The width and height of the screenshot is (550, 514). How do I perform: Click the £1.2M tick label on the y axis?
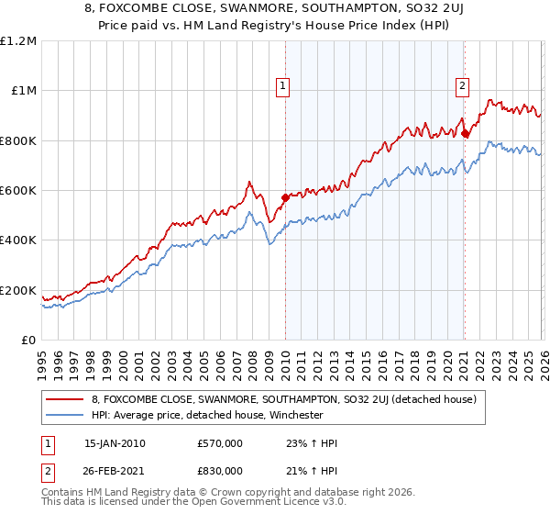(x=18, y=41)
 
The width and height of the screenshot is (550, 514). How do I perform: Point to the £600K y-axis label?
(x=18, y=191)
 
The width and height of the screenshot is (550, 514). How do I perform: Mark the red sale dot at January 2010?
(x=285, y=197)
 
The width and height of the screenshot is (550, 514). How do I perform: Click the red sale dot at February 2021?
(x=465, y=133)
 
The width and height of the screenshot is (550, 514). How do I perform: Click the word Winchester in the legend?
(x=293, y=415)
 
